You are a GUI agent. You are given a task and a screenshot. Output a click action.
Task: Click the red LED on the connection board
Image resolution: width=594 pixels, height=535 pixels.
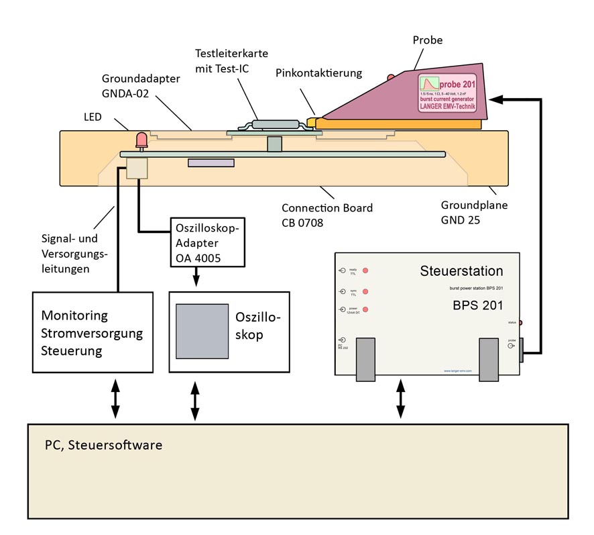(x=141, y=140)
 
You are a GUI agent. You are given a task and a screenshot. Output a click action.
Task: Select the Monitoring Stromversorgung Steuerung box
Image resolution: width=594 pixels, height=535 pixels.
(x=93, y=332)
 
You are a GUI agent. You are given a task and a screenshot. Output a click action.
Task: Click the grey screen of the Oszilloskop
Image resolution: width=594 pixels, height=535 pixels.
(x=202, y=331)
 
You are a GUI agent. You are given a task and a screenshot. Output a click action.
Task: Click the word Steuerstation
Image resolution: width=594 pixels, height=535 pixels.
(x=461, y=272)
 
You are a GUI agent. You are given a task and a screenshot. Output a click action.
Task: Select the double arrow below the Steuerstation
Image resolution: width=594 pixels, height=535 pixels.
(x=401, y=398)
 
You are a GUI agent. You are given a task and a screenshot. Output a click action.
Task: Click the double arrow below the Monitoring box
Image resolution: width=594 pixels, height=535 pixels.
(x=115, y=398)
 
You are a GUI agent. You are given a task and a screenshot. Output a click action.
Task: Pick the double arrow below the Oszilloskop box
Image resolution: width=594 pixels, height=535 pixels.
(x=195, y=401)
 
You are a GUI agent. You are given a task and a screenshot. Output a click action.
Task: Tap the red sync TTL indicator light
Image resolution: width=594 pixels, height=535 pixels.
(x=366, y=291)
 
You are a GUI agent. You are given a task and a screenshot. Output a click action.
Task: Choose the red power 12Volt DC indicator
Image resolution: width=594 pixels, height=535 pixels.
(x=366, y=310)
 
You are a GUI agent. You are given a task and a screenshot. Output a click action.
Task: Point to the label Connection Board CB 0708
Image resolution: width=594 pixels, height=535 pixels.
(x=327, y=215)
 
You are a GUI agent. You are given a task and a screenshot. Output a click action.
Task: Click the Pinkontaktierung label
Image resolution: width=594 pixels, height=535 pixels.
(x=318, y=72)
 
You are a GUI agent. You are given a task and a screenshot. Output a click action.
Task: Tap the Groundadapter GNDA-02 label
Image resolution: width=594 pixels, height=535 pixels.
(x=141, y=85)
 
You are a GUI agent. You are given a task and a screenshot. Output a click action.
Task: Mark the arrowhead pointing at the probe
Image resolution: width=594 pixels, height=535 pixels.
(x=494, y=99)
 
